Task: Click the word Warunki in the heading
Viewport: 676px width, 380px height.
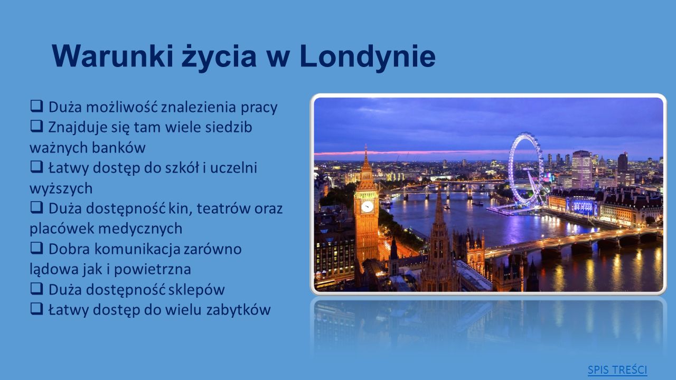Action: point(112,56)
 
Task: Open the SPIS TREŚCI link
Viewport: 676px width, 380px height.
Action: point(617,370)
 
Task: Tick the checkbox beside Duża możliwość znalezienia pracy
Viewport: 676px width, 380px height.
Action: point(36,106)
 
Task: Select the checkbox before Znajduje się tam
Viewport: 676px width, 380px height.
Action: point(36,126)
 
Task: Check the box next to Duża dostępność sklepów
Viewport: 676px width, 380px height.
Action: point(36,289)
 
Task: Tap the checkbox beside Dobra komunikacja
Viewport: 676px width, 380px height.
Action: point(36,248)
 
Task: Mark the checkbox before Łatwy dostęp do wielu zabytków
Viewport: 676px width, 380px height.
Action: point(36,309)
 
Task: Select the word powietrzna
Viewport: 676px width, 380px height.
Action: point(157,269)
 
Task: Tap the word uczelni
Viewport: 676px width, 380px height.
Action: point(233,168)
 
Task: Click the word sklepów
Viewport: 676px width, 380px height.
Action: point(196,290)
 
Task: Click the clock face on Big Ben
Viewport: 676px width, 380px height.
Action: point(367,206)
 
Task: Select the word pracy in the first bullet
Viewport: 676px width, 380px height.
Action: point(259,108)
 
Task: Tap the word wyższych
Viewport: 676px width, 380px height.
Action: point(61,188)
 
